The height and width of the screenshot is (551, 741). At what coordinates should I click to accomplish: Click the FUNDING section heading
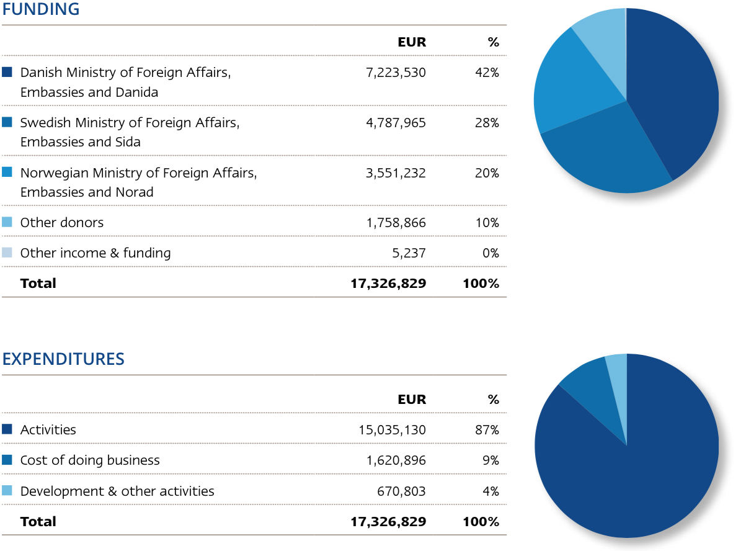point(41,9)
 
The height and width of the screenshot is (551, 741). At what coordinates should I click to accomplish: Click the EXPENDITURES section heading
point(63,359)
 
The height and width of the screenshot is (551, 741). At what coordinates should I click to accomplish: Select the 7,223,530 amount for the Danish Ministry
point(396,73)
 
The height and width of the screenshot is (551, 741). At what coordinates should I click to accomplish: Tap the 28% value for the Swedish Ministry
point(487,123)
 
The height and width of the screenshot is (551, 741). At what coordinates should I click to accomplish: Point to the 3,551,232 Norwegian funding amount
point(396,173)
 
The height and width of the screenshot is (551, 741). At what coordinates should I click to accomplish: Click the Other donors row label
point(62,223)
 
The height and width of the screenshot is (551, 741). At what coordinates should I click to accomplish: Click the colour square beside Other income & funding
point(7,253)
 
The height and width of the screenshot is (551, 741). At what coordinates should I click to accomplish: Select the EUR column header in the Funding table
point(412,42)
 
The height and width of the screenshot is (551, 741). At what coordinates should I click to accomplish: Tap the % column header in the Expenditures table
point(494,400)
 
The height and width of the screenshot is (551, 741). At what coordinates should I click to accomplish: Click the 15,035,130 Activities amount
point(392,430)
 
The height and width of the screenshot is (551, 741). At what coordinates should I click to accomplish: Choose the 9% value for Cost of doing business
point(490,460)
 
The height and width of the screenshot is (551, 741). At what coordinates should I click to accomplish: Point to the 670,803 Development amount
point(401,491)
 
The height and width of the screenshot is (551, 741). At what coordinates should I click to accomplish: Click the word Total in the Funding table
point(38,284)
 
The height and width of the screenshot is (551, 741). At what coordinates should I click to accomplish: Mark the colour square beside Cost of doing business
point(7,460)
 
